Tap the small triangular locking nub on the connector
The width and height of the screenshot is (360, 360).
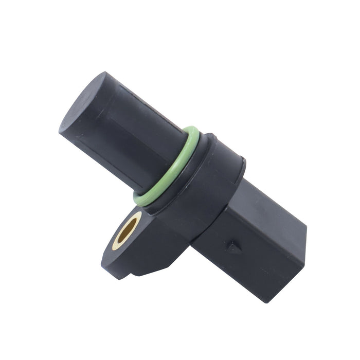point(234,247)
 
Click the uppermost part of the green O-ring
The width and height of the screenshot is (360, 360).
point(190,128)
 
